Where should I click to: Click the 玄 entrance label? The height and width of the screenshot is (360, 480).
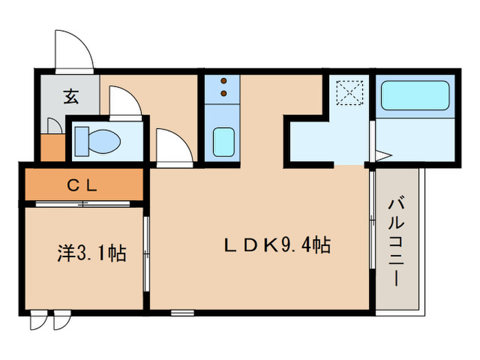[71, 97]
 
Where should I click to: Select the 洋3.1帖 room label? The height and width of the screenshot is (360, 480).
[91, 253]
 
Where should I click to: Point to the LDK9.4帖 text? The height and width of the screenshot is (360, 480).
[279, 245]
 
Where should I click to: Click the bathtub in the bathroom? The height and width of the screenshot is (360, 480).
[413, 96]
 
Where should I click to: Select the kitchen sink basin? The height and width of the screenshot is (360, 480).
[222, 142]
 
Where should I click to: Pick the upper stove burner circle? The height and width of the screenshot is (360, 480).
[223, 82]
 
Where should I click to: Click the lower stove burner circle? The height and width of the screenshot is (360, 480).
[223, 92]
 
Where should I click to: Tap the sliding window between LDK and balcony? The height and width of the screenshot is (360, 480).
[372, 219]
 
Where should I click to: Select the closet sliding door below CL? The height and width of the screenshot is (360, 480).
[82, 204]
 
